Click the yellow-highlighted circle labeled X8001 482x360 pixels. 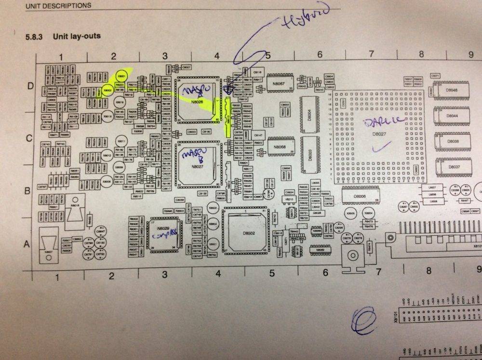(122, 77)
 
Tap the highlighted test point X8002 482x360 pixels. (107, 89)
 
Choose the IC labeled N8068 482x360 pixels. (280, 147)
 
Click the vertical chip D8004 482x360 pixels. (310, 114)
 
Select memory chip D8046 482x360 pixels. (452, 91)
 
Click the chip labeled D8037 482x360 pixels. (452, 167)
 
